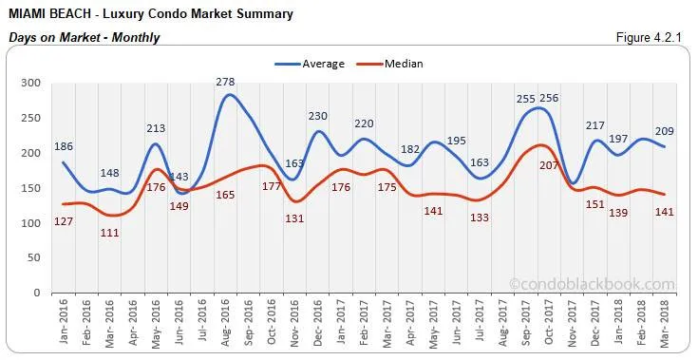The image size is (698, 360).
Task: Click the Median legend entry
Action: (402, 64)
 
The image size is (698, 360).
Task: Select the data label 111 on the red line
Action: (111, 233)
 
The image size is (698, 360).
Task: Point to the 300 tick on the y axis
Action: (32, 84)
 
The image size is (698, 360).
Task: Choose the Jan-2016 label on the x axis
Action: (63, 319)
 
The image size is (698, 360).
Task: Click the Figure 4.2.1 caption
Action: (651, 37)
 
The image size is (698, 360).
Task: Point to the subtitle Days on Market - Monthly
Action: (85, 37)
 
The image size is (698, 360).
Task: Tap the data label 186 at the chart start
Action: (65, 147)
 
